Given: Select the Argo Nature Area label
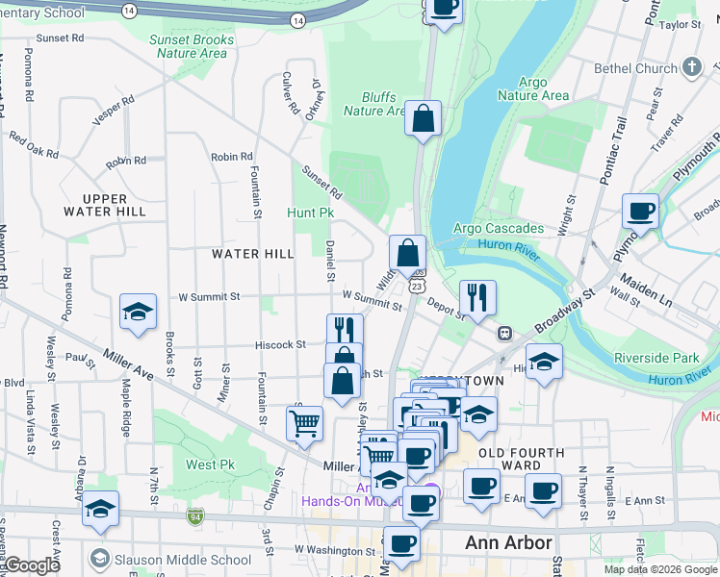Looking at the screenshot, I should coord(532,89).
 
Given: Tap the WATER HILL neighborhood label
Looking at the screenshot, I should coord(253,254).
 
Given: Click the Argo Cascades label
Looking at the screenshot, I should coord(499,229).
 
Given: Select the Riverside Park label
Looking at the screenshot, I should coord(657,358).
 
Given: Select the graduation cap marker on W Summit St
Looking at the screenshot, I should coord(139,312).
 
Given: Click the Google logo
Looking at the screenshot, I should coord(31,565).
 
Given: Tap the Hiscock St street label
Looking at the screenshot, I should coord(280,344).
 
